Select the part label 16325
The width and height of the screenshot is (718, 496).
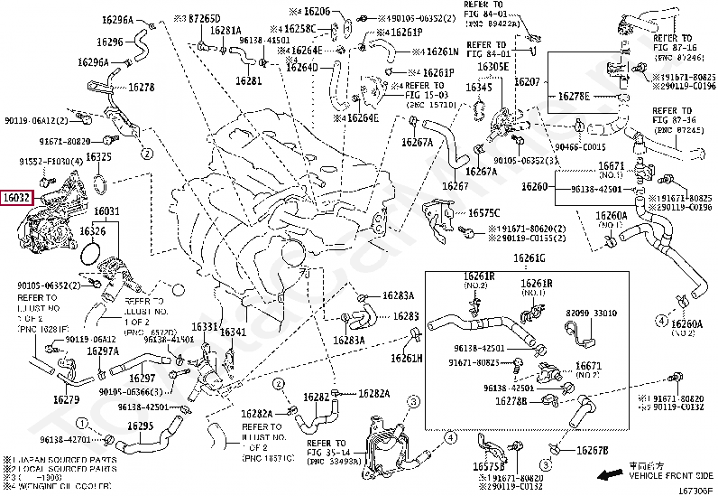[99, 157]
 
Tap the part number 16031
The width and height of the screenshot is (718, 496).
[106, 211]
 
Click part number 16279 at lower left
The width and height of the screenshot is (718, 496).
[65, 398]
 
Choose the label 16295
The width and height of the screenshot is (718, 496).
[139, 426]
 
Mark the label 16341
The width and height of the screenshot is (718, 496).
[234, 332]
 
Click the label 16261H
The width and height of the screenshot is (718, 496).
[406, 358]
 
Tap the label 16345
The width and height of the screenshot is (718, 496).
[478, 88]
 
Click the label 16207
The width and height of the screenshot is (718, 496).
[527, 81]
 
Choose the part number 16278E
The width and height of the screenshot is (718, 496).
[573, 95]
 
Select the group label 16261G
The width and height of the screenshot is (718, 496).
[529, 259]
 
